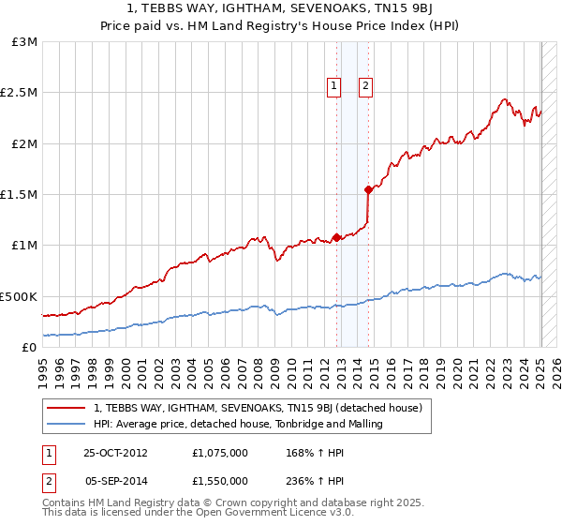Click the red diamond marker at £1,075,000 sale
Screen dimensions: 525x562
tap(336, 237)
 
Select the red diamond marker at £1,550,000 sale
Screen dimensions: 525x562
tap(368, 189)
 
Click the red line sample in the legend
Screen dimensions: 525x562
tap(67, 408)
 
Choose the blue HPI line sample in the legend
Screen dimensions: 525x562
tap(67, 424)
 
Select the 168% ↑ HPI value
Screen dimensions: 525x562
tap(312, 452)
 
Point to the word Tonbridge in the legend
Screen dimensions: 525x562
tap(312, 424)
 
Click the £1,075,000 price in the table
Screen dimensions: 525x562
tap(220, 452)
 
